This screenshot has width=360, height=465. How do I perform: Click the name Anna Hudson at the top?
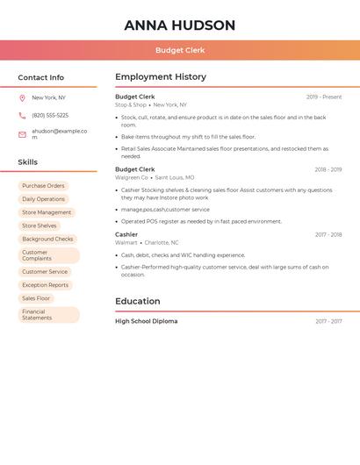pyautogui.click(x=180, y=25)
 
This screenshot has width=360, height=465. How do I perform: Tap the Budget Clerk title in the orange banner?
pyautogui.click(x=180, y=50)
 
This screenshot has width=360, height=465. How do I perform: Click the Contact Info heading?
pyautogui.click(x=41, y=77)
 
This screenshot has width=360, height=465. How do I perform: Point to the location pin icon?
pyautogui.click(x=22, y=98)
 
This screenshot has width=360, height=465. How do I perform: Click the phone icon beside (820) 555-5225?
pyautogui.click(x=22, y=116)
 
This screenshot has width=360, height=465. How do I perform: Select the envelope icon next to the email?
pyautogui.click(x=22, y=134)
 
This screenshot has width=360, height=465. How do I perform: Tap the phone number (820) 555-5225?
pyautogui.click(x=50, y=116)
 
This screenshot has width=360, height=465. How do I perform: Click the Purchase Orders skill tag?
pyautogui.click(x=43, y=186)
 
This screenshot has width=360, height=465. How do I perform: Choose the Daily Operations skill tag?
pyautogui.click(x=43, y=199)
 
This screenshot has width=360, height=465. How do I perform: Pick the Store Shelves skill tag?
pyautogui.click(x=40, y=225)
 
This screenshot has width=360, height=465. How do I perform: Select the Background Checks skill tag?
pyautogui.click(x=47, y=239)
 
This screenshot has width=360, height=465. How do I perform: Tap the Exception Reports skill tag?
pyautogui.click(x=45, y=285)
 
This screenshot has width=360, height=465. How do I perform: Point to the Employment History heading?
pyautogui.click(x=161, y=77)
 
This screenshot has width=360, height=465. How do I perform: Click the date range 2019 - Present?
pyautogui.click(x=324, y=97)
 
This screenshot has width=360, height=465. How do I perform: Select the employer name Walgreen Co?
pyautogui.click(x=132, y=177)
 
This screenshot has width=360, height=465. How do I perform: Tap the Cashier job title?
pyautogui.click(x=126, y=234)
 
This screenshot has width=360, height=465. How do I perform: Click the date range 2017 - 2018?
pyautogui.click(x=328, y=235)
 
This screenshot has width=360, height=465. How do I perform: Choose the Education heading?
pyautogui.click(x=138, y=301)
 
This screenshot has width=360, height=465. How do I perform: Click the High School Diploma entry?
pyautogui.click(x=146, y=321)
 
